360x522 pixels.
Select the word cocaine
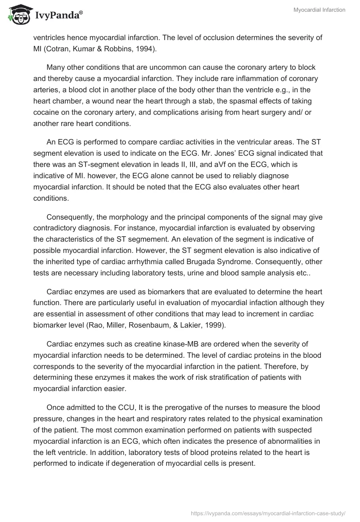point(46,112)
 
